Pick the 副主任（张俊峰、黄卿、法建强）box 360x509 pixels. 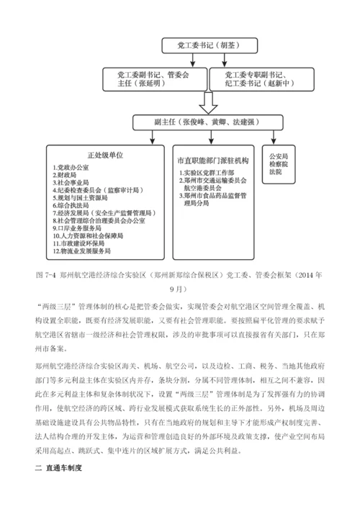(x=205, y=122)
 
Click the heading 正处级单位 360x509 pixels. (x=106, y=154)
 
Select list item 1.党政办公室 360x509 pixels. (x=69, y=168)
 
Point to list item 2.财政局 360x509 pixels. (x=64, y=175)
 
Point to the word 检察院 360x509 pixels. (x=278, y=164)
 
